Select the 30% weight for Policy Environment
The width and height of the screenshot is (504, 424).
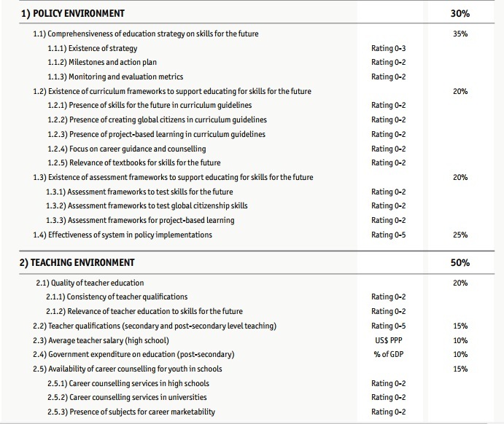pos(460,13)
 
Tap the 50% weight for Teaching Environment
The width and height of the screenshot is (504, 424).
pos(460,262)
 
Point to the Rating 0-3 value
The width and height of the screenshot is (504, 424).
pos(388,48)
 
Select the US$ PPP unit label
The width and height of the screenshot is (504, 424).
pos(388,340)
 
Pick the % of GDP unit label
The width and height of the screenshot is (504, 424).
pos(388,354)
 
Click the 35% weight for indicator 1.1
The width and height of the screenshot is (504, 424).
pos(460,34)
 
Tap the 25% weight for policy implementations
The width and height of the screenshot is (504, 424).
pos(460,235)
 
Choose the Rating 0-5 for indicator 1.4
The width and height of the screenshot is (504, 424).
pos(388,235)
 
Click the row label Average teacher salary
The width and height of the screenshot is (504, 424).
pos(101,340)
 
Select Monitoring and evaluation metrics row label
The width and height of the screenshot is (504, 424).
pos(115,76)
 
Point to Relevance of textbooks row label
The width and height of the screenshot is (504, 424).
pos(133,162)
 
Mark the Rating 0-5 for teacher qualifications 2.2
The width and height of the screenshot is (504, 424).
pos(388,326)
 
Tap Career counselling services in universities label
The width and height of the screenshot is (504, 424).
pos(126,397)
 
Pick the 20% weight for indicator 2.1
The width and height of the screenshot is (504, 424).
pos(460,283)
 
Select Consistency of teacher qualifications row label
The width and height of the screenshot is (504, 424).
pos(116,297)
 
